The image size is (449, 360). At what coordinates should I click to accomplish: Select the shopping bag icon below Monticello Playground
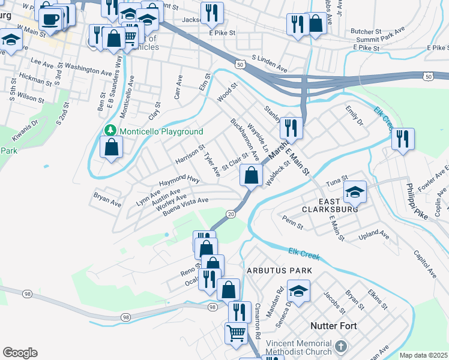112,146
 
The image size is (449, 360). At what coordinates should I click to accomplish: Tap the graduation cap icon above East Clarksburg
355,192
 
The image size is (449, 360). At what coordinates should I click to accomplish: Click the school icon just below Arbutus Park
298,291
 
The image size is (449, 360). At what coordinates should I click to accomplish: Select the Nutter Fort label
334,326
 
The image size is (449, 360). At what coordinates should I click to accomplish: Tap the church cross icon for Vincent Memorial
341,346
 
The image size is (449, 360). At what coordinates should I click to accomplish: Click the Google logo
20,353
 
